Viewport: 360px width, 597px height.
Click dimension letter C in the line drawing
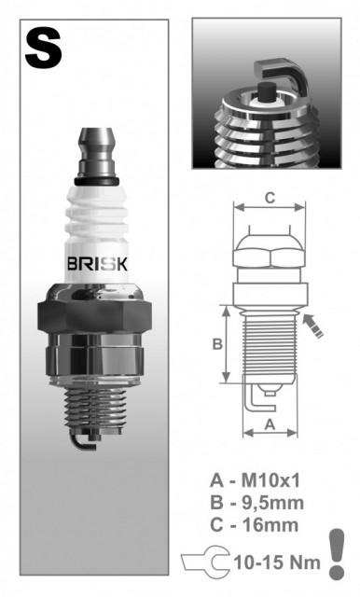270,197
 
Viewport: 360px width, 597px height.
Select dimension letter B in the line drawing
216,343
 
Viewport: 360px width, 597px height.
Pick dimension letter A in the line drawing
269,423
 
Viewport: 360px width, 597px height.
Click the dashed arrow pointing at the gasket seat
316,326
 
